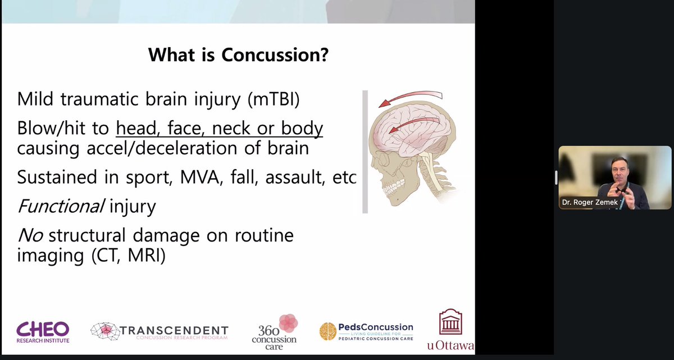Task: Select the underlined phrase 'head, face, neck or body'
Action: click(x=220, y=129)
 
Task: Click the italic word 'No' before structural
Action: click(x=30, y=235)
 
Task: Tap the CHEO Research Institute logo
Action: click(x=43, y=331)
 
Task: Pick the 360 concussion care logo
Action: click(x=275, y=331)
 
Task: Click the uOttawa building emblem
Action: click(x=450, y=322)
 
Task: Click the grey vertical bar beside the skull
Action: click(x=365, y=152)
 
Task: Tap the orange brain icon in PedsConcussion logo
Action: click(x=327, y=331)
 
